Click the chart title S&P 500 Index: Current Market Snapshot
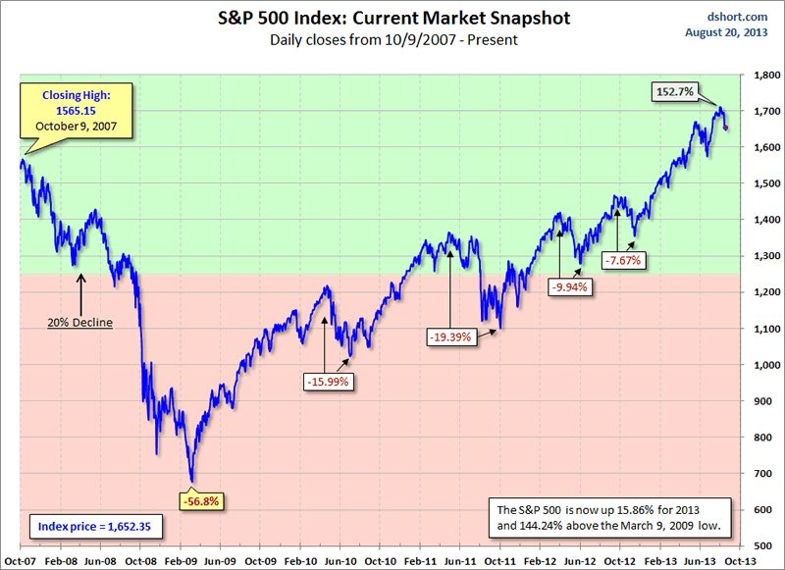392,19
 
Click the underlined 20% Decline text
80,321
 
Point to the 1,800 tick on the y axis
765,75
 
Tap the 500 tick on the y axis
770,545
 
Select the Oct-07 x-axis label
20,558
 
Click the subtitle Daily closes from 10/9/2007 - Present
392,40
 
